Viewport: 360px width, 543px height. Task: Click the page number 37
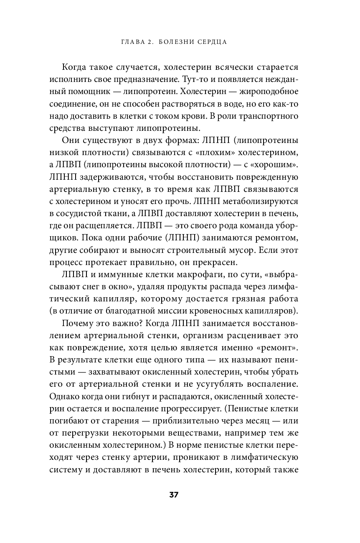tap(174, 495)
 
